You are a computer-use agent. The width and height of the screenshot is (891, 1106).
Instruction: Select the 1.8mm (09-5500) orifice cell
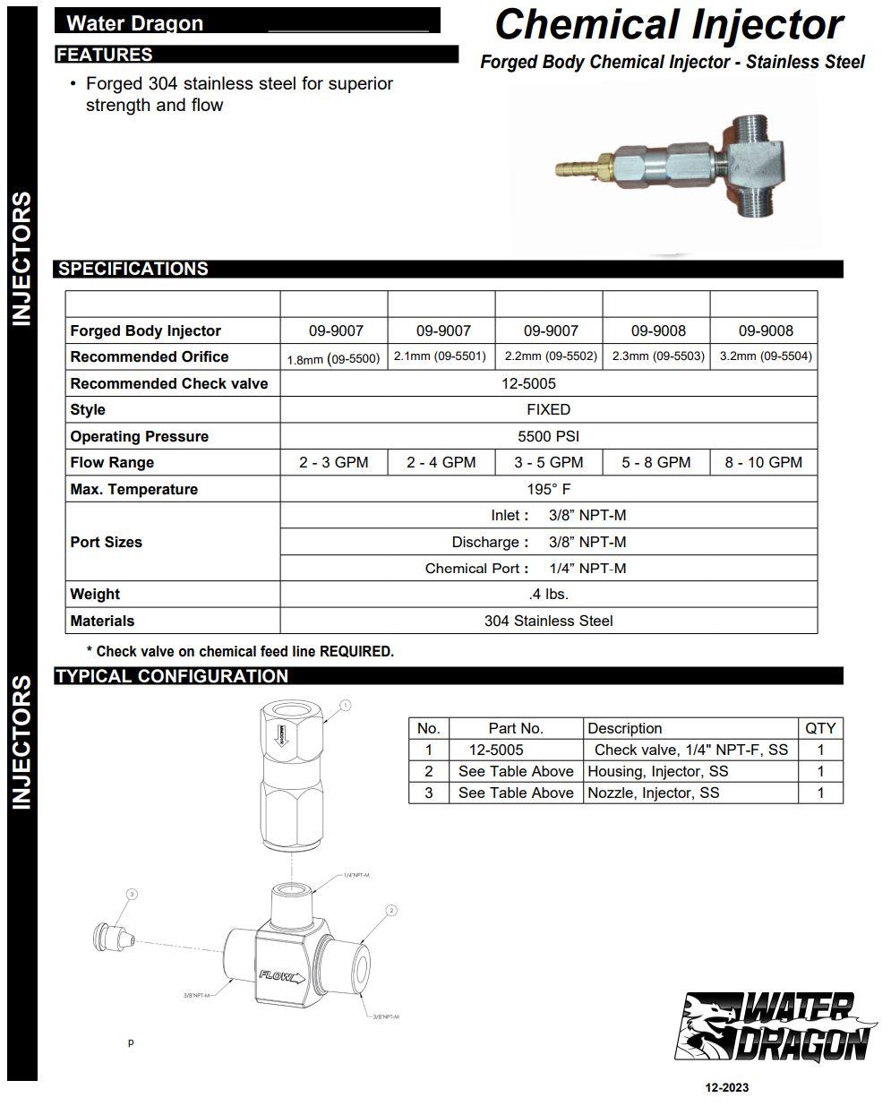(333, 358)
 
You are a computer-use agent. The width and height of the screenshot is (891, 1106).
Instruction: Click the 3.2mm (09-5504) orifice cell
(765, 356)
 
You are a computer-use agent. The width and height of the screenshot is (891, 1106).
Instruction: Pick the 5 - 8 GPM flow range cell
(655, 463)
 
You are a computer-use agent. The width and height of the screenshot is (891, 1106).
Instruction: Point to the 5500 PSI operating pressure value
(548, 436)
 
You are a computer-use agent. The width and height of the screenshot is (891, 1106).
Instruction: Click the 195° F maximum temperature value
(548, 489)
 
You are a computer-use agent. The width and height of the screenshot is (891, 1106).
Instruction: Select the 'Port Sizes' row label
(107, 542)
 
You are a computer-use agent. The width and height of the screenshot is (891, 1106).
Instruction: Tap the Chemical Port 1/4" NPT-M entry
(526, 569)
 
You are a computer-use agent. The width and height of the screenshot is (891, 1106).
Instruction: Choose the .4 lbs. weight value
(548, 595)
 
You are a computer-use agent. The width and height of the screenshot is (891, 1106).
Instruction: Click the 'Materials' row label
(102, 621)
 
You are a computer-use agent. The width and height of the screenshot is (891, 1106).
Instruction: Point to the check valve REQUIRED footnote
(239, 652)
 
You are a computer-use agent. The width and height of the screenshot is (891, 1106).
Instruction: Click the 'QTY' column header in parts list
(819, 728)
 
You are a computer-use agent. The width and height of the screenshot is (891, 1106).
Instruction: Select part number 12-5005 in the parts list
(496, 750)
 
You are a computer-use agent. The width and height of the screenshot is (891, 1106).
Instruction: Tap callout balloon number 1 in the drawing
(346, 706)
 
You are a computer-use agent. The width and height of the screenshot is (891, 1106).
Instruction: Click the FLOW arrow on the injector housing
(282, 977)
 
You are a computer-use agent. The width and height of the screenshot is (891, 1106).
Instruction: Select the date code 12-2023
(727, 1087)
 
